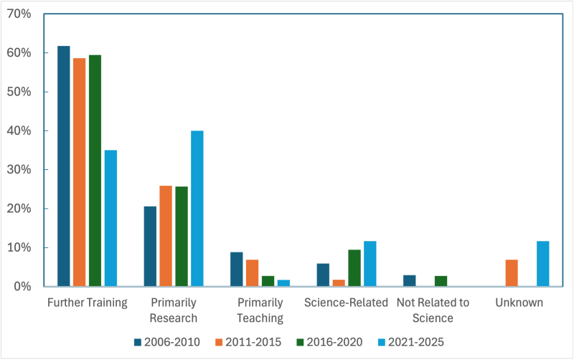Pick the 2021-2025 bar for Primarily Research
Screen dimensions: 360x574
[197, 209]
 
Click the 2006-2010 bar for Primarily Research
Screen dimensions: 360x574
[150, 247]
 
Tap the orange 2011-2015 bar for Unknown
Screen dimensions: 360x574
[512, 273]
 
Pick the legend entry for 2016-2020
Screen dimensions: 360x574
[331, 342]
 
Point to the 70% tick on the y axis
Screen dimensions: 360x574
[19, 14]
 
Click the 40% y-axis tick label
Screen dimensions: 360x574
[19, 131]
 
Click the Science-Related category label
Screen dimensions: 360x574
[346, 303]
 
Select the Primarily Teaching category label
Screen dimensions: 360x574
[260, 310]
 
